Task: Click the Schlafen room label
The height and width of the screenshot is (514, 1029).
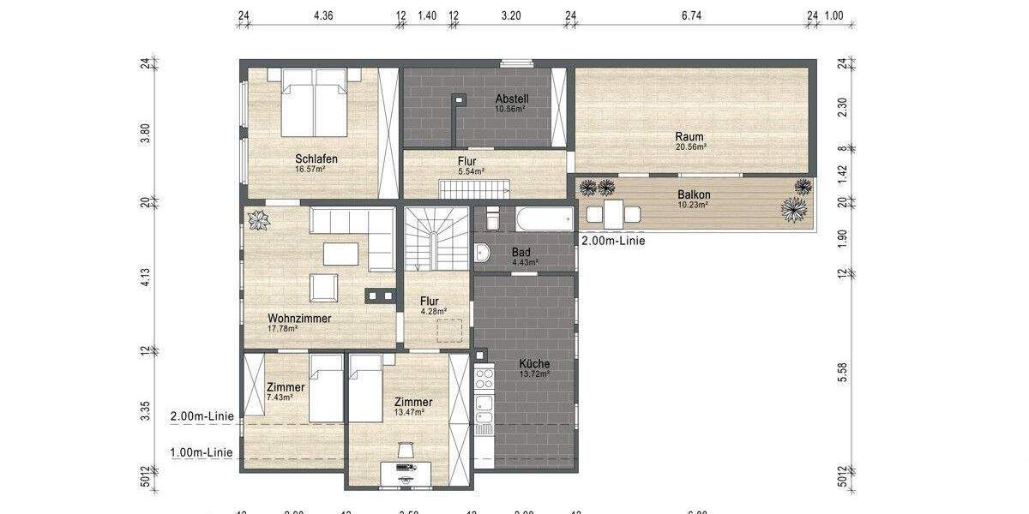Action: tap(316, 158)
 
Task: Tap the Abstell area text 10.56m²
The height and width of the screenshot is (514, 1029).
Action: tap(510, 109)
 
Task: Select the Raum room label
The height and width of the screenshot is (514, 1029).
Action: tap(689, 137)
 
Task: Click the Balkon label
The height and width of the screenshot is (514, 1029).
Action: tap(693, 194)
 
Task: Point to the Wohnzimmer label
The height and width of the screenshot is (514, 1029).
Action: tap(299, 318)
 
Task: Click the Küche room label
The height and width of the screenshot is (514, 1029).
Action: tap(534, 364)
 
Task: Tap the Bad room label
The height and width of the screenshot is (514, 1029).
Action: tap(521, 253)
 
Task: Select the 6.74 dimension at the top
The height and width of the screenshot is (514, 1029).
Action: tap(691, 15)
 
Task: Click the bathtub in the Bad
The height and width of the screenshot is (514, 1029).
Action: tap(544, 218)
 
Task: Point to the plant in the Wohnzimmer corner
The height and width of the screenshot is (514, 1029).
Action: tap(258, 221)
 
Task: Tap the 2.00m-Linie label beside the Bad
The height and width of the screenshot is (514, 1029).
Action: tap(613, 241)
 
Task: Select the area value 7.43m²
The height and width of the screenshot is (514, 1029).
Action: tap(280, 397)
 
